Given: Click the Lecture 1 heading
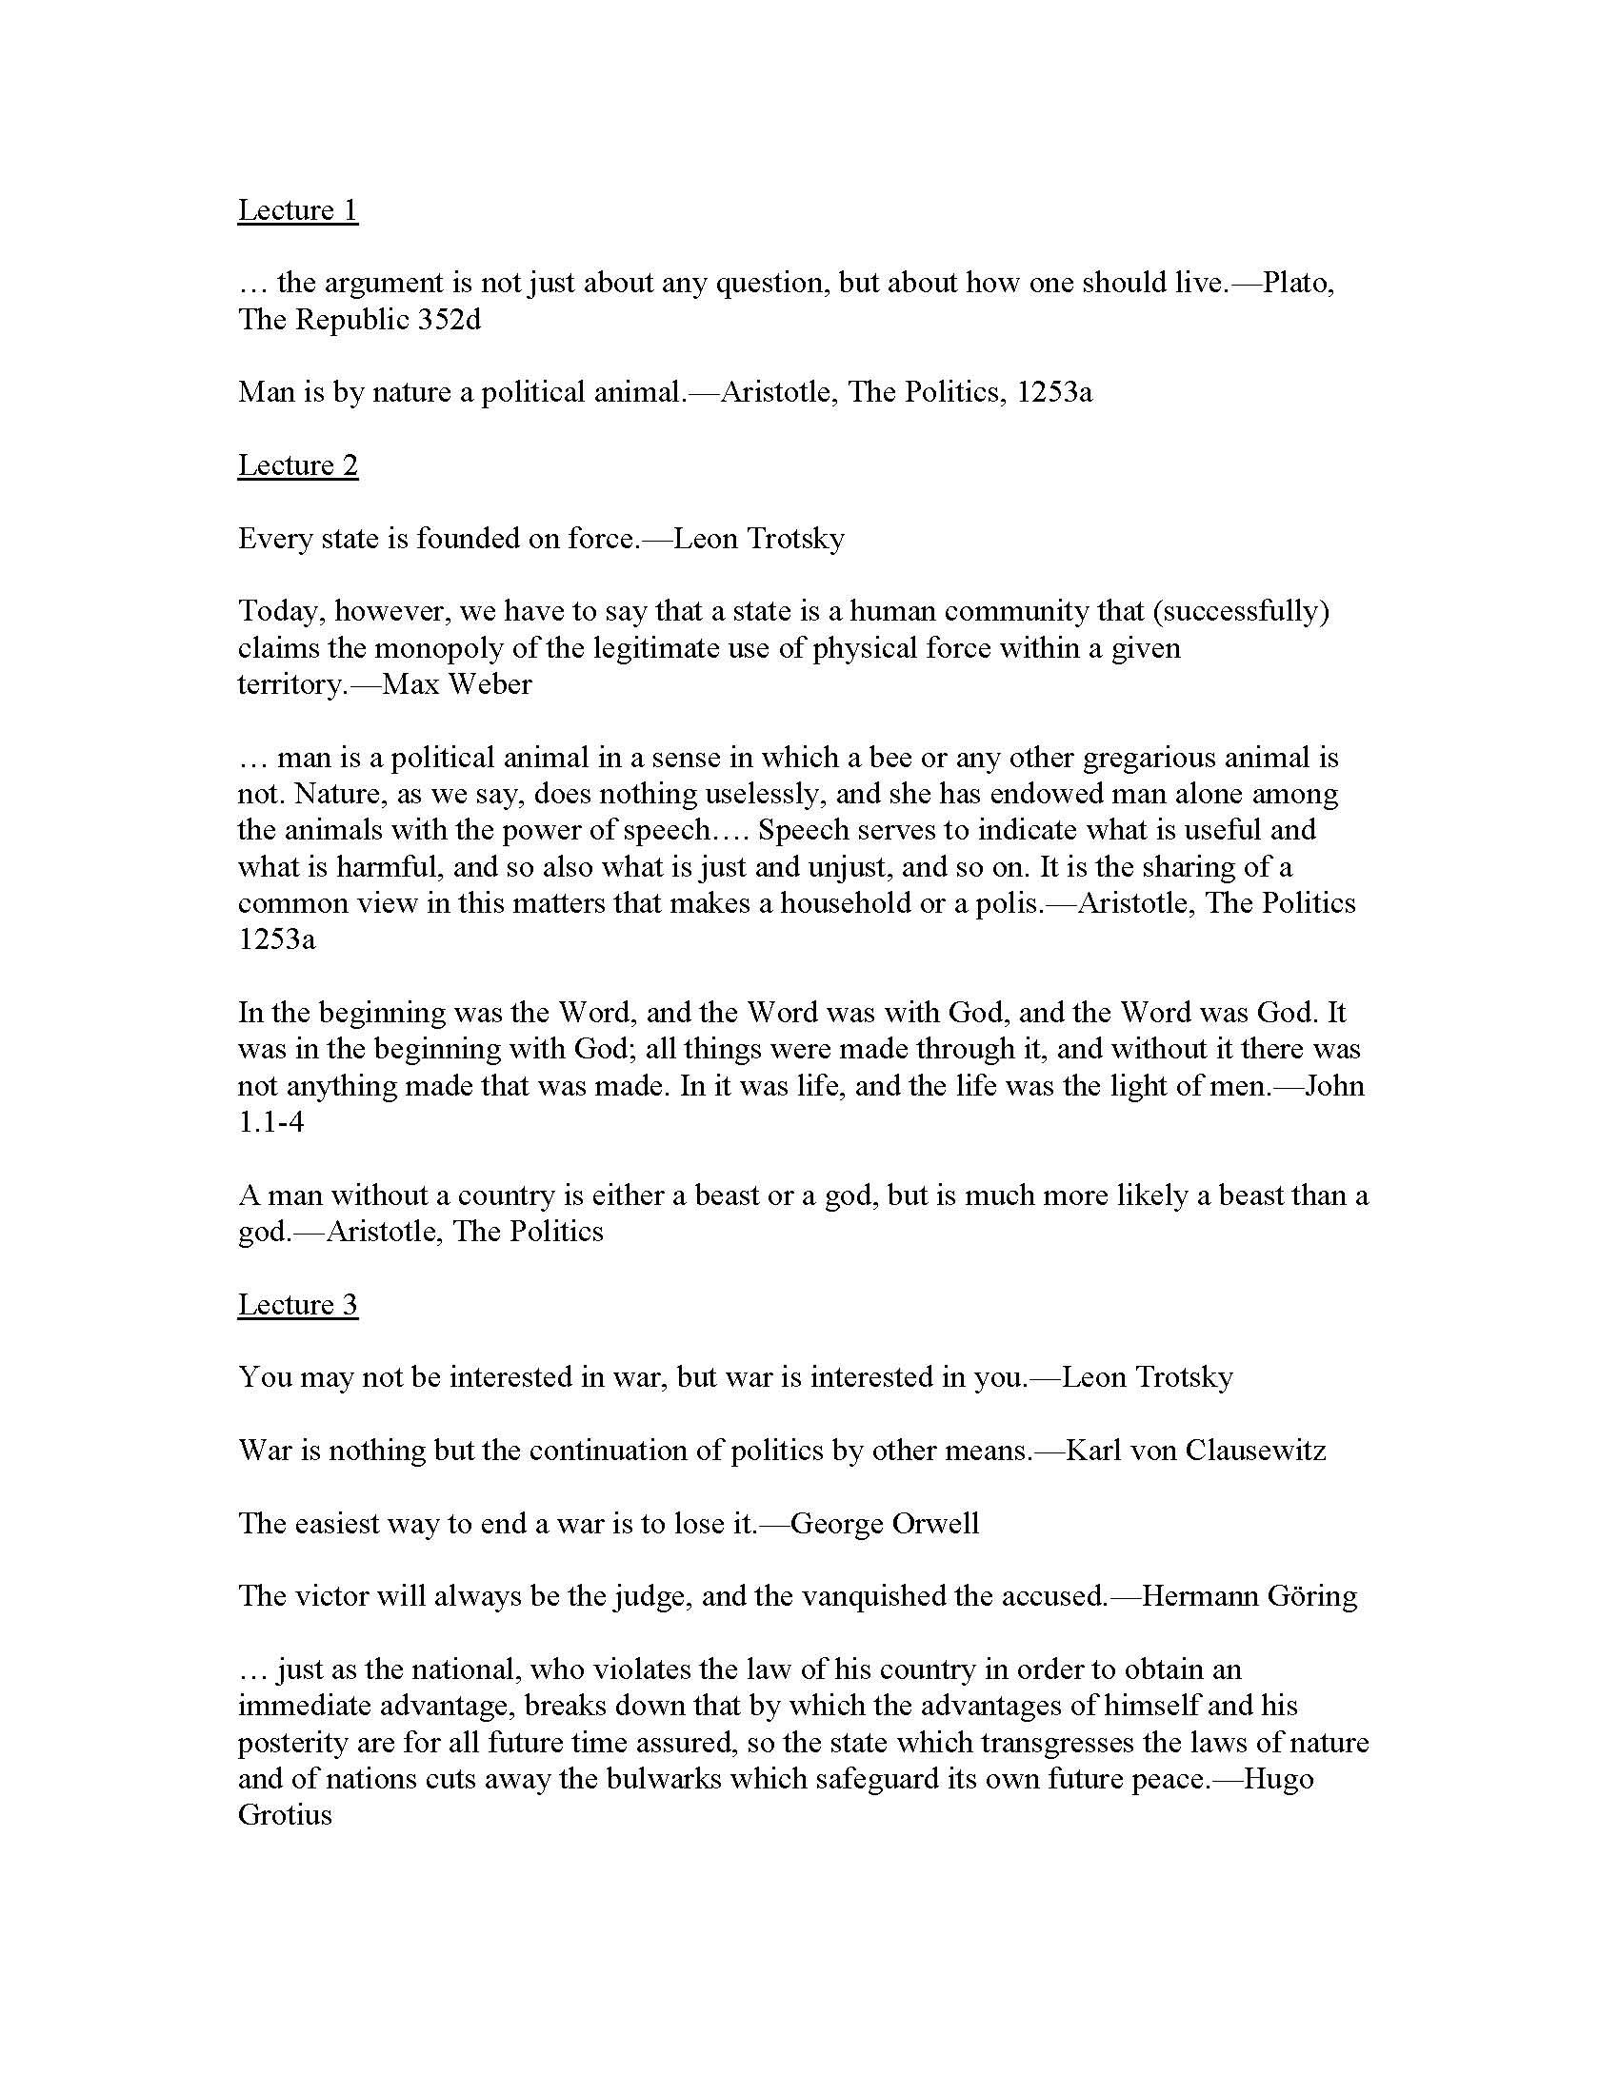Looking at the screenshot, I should click(x=297, y=210).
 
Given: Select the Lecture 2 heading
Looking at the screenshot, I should click(x=297, y=465).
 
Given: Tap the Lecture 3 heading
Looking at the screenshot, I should click(x=297, y=1305).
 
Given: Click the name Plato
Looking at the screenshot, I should click(x=1297, y=283).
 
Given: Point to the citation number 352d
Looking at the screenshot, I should click(x=449, y=319).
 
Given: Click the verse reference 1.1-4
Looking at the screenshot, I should click(x=271, y=1122).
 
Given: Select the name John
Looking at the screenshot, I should click(x=1333, y=1085).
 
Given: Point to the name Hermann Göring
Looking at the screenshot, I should click(x=1249, y=1596).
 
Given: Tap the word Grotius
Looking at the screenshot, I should click(x=285, y=1815).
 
